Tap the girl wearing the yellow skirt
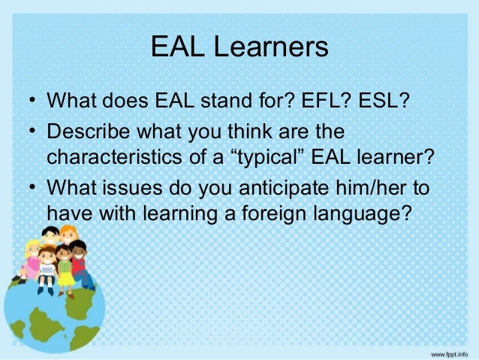65,267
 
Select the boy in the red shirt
80,263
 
